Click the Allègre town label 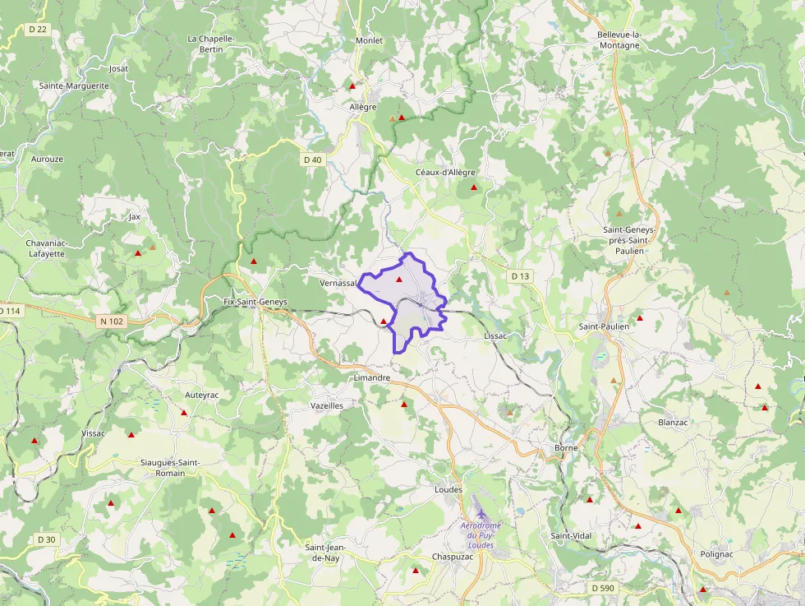click(363, 107)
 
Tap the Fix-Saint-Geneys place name click(255, 302)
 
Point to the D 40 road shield click(312, 160)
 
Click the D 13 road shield click(520, 276)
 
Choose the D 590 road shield click(603, 588)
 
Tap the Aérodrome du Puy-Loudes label click(481, 534)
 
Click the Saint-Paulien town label click(604, 326)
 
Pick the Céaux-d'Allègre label click(445, 172)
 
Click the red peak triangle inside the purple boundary click(399, 280)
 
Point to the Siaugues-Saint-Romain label click(170, 468)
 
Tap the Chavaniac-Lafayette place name click(57, 248)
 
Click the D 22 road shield click(38, 30)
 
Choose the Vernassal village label click(338, 283)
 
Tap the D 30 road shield click(46, 539)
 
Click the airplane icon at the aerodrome click(481, 512)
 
